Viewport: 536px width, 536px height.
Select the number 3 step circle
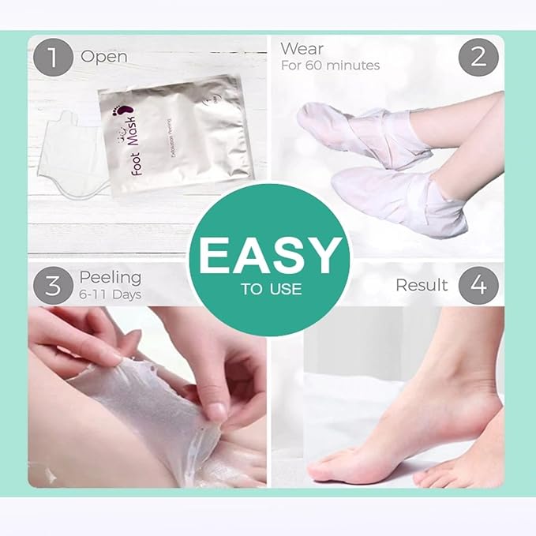[53, 285]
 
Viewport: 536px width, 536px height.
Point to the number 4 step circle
[479, 285]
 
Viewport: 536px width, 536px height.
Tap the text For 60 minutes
[330, 66]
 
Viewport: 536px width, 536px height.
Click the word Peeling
[110, 277]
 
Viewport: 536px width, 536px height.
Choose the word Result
[422, 285]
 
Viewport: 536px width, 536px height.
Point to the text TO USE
[271, 289]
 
